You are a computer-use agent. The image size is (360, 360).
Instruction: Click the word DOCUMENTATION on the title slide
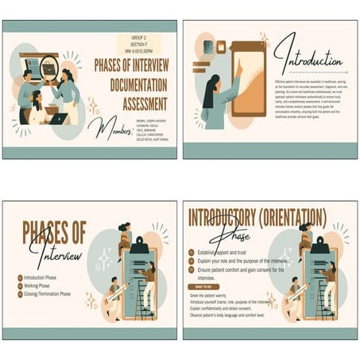tap(132, 85)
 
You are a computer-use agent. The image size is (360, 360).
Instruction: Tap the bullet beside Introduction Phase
tap(19, 277)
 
